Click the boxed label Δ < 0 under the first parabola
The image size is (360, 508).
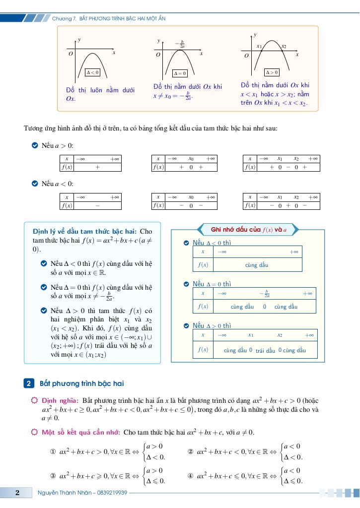93,72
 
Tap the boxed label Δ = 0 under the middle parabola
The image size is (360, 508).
180,73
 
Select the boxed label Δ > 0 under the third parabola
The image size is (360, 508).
272,72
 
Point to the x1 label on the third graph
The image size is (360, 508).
259,46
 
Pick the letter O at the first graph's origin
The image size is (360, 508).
71,53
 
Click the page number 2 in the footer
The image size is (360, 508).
17,493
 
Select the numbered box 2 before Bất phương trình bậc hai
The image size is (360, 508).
29,383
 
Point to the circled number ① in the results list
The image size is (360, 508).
53,452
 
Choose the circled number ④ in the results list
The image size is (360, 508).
190,475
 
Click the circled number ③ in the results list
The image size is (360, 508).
53,475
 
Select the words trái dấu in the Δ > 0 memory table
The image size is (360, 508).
265,351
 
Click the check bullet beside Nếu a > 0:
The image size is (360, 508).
34,145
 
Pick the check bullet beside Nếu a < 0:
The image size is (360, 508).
34,184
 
